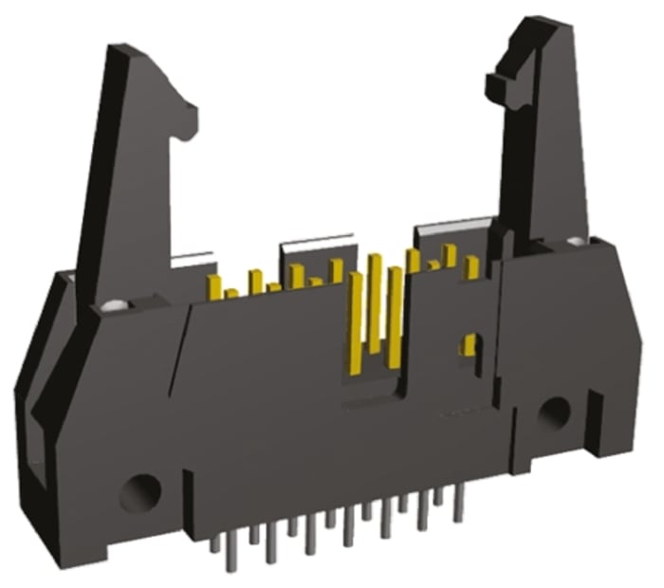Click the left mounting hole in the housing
tap(141, 490)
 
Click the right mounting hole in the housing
tap(553, 411)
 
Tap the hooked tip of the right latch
tap(494, 86)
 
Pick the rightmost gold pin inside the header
tap(470, 266)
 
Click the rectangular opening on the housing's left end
tap(37, 455)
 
